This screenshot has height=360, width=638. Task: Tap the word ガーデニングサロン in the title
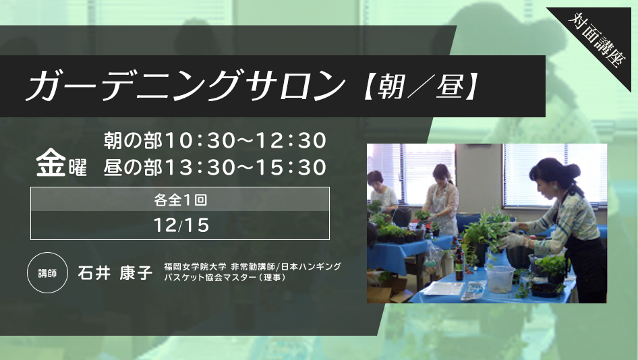pyautogui.click(x=185, y=86)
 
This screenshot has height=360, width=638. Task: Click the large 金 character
pyautogui.click(x=51, y=162)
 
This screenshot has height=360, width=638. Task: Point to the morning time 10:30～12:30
pyautogui.click(x=245, y=140)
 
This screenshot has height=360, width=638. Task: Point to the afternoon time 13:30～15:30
pyautogui.click(x=245, y=167)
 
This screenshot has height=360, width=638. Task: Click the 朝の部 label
pyautogui.click(x=133, y=140)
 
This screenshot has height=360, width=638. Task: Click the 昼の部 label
pyautogui.click(x=133, y=167)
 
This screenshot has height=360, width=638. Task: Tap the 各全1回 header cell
pyautogui.click(x=180, y=200)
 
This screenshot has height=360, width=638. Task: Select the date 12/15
pyautogui.click(x=181, y=225)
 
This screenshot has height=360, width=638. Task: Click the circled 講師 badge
pyautogui.click(x=47, y=272)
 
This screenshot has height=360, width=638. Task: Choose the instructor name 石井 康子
pyautogui.click(x=115, y=272)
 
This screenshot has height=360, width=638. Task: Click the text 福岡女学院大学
pyautogui.click(x=195, y=267)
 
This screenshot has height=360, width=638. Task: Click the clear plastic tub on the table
pyautogui.click(x=500, y=278)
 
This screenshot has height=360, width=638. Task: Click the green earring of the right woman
pyautogui.click(x=554, y=187)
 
